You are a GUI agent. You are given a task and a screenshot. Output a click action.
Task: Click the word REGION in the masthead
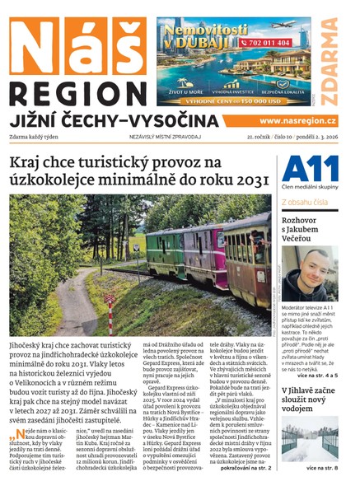[78, 92]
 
